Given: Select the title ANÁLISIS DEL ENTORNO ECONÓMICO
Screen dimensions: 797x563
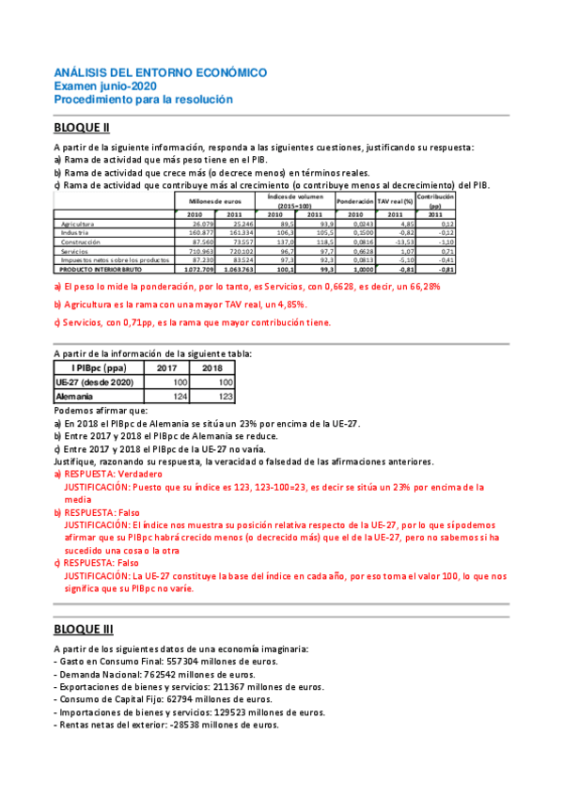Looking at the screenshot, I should coord(160,72).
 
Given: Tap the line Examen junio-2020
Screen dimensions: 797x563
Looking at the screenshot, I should coord(106,86).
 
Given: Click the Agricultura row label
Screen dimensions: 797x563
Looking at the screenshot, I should coord(79,224).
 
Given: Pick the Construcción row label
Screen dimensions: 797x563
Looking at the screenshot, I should coord(83,242).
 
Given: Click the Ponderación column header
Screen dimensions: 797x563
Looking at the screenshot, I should coord(354,201).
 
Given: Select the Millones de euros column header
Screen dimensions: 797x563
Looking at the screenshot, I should coord(215,201).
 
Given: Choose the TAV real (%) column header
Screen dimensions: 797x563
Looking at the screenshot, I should coord(396,201).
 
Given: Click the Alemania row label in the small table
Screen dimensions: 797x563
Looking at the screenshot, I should coord(74,397).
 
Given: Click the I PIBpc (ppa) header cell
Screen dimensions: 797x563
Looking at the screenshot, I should coord(93,367).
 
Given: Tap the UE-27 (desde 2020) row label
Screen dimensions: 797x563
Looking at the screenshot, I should coord(95,382).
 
